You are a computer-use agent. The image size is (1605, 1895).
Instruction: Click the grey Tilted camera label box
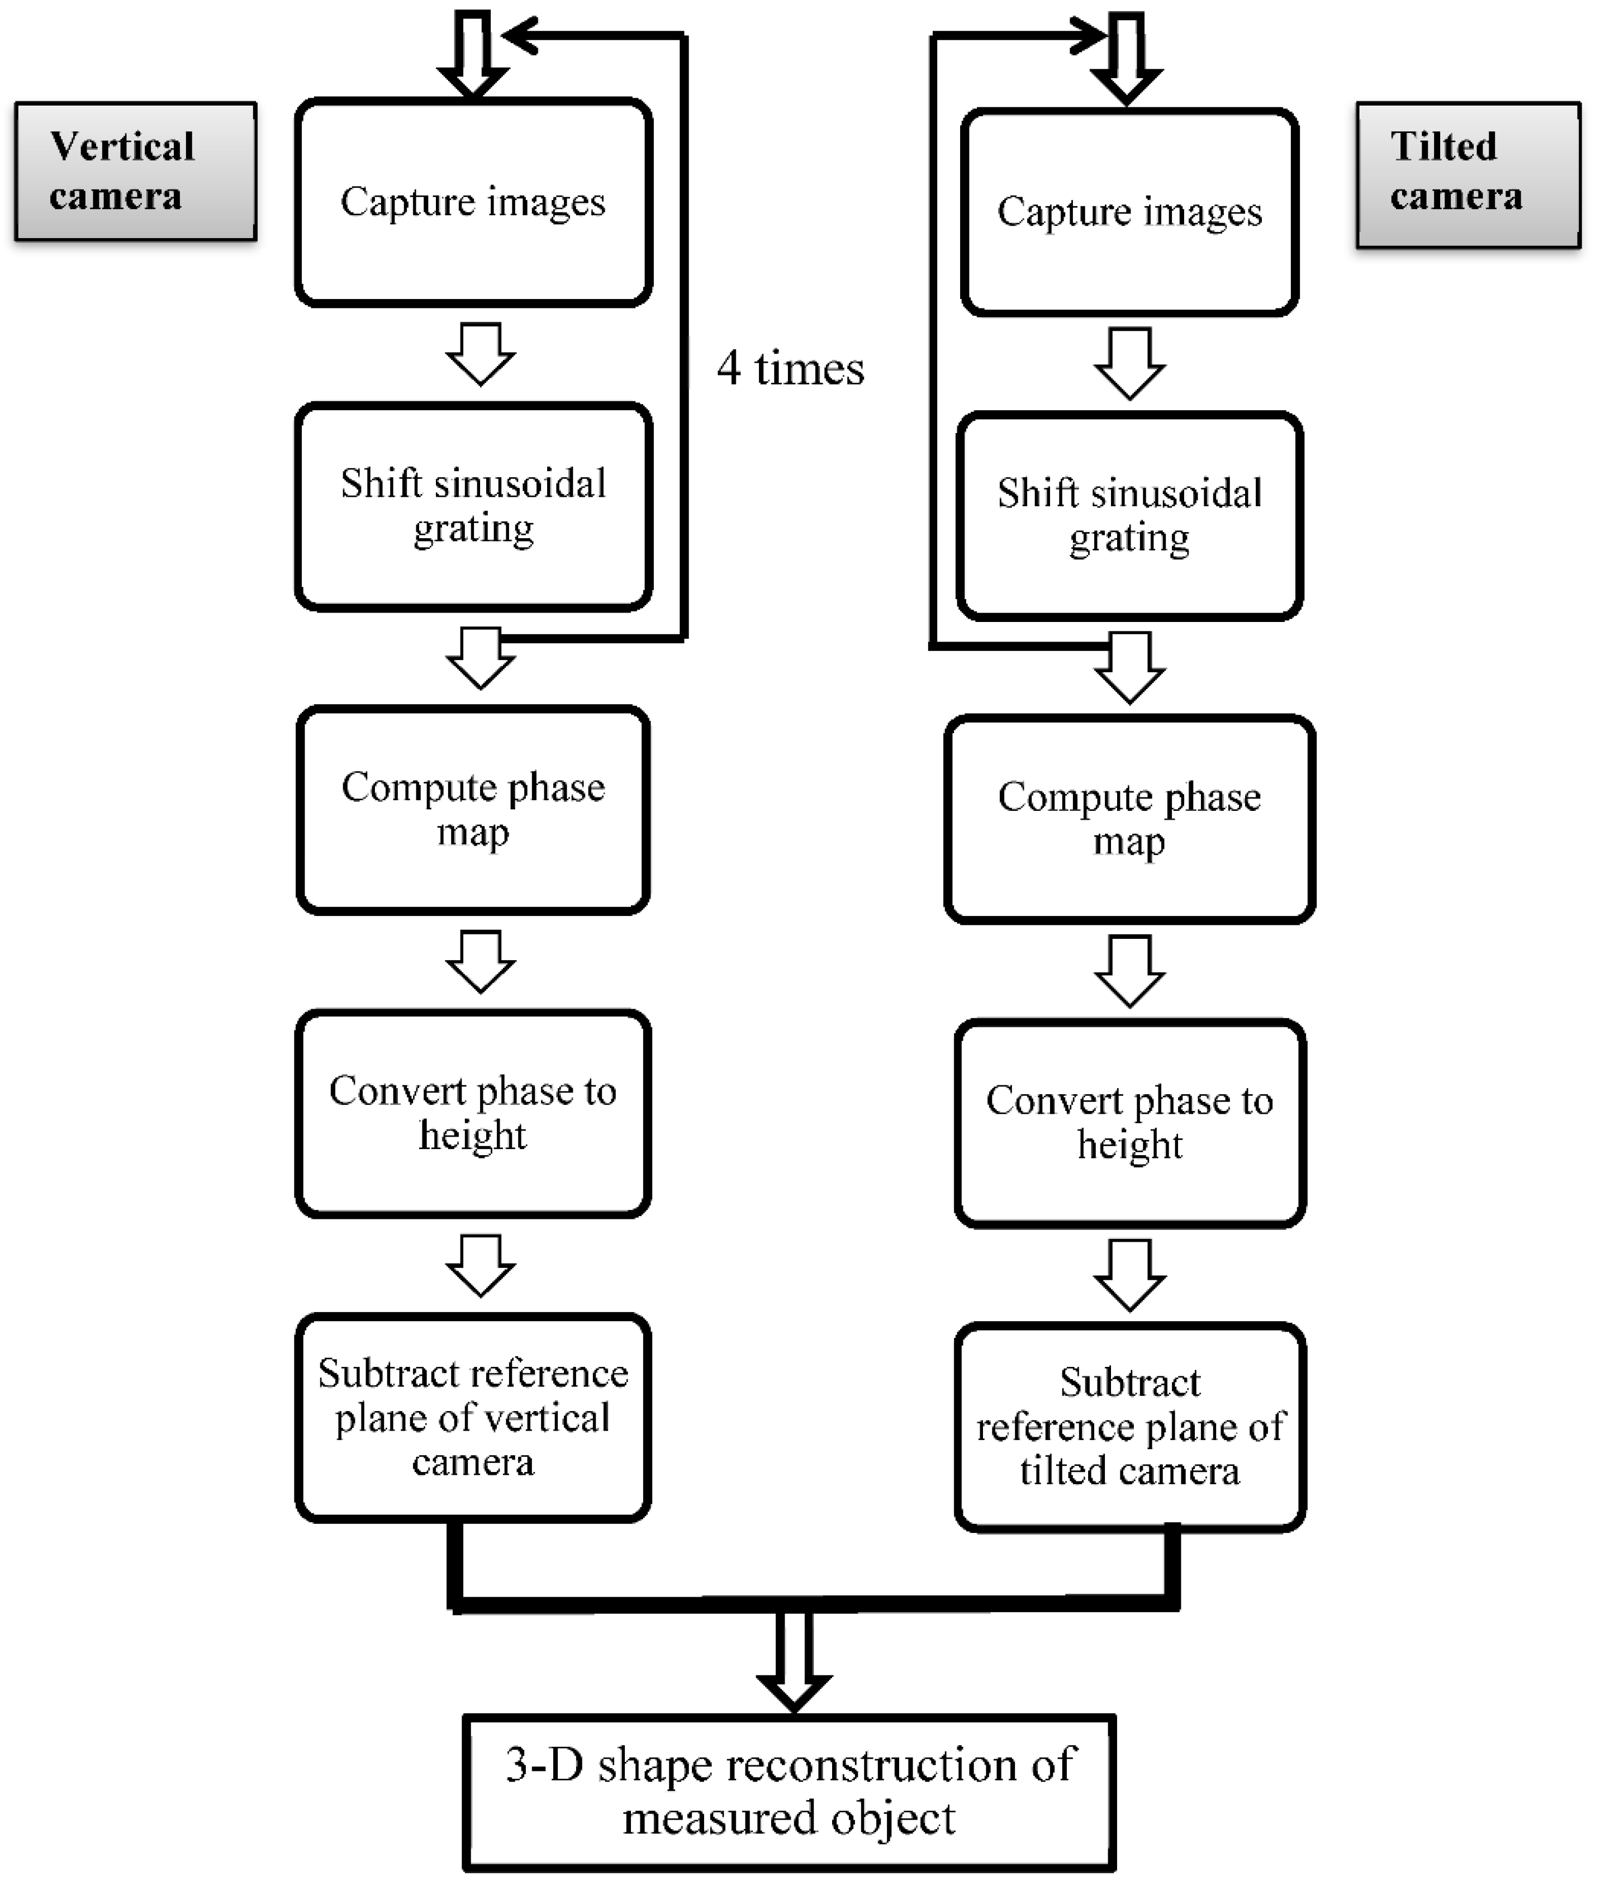pyautogui.click(x=1467, y=175)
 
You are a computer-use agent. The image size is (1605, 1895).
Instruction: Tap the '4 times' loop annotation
pyautogui.click(x=790, y=368)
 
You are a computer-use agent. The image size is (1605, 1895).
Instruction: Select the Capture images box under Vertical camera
pyautogui.click(x=473, y=202)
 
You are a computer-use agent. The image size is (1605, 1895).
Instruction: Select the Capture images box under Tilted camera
pyautogui.click(x=1129, y=212)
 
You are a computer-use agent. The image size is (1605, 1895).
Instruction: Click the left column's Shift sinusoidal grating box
pyautogui.click(x=473, y=506)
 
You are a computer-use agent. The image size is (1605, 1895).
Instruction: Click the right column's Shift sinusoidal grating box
pyautogui.click(x=1129, y=516)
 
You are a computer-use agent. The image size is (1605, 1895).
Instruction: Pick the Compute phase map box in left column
pyautogui.click(x=473, y=809)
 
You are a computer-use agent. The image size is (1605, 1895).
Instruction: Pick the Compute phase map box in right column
pyautogui.click(x=1129, y=819)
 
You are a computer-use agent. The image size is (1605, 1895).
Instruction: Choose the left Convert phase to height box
pyautogui.click(x=473, y=1113)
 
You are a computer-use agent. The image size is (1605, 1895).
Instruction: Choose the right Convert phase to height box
pyautogui.click(x=1129, y=1123)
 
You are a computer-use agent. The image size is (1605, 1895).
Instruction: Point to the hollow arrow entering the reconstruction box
pyautogui.click(x=794, y=1660)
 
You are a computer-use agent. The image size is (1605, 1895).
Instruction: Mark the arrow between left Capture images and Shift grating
pyautogui.click(x=481, y=354)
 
